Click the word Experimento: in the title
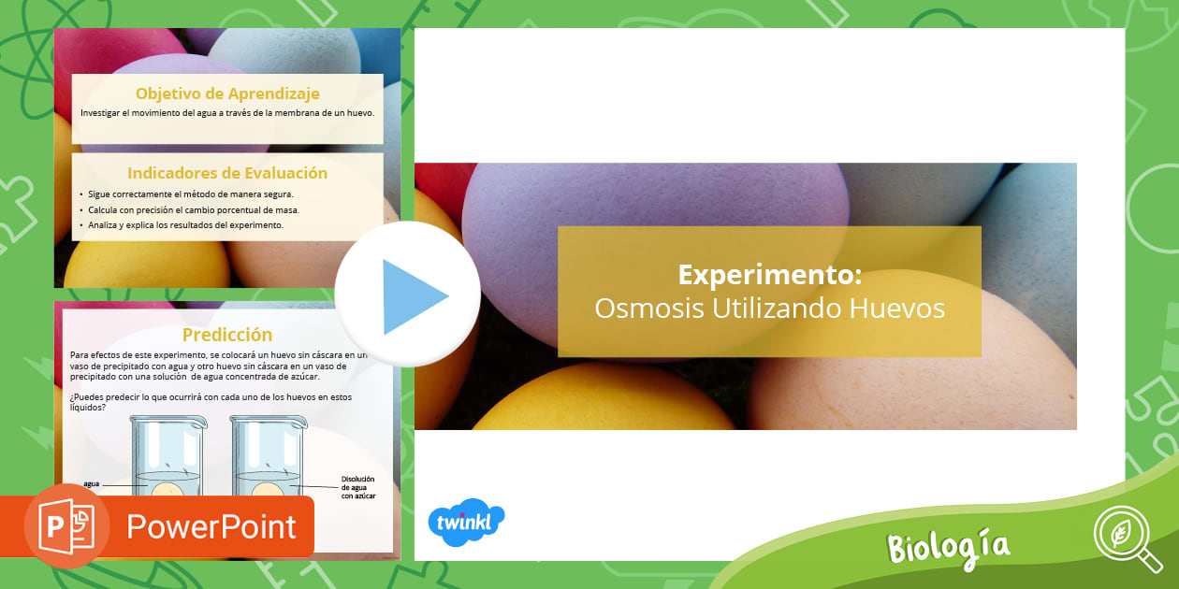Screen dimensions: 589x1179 (x=769, y=275)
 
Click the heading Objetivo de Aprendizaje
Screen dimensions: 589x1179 (x=227, y=93)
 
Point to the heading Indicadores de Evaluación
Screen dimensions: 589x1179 (x=227, y=173)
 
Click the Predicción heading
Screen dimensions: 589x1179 (x=227, y=335)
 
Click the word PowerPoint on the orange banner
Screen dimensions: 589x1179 (x=211, y=526)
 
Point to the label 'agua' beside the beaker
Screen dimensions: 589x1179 (x=92, y=484)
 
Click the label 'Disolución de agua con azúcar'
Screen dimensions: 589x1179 (x=357, y=488)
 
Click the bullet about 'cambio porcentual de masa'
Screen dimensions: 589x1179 (x=200, y=209)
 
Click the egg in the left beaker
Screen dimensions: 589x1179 (x=167, y=491)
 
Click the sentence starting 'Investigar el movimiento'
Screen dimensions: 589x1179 (x=227, y=113)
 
